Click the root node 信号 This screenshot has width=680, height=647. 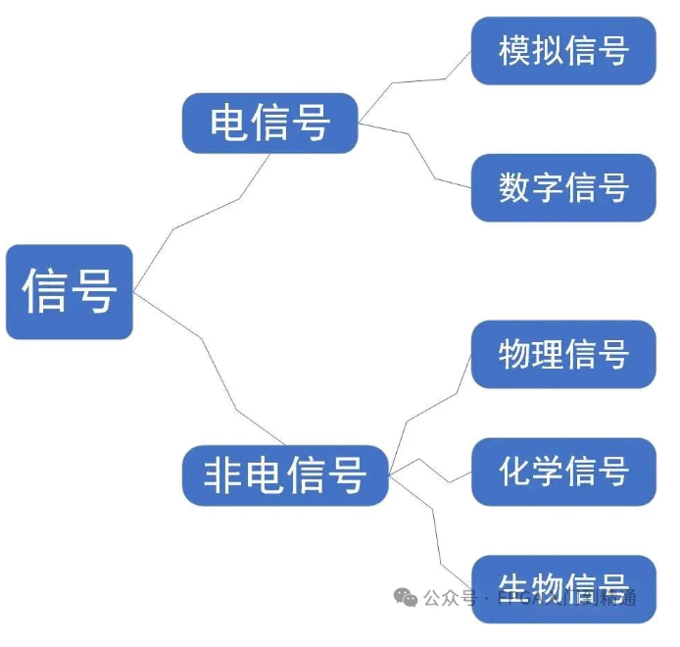pos(69,291)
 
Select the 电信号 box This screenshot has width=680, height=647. pos(269,124)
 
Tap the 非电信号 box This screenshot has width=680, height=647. pos(284,475)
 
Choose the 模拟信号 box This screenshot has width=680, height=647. pos(562,50)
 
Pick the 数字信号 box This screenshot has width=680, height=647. pos(562,187)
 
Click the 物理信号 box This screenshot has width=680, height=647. pos(562,354)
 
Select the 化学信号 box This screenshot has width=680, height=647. pos(562,472)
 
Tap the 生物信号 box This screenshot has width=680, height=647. pos(562,584)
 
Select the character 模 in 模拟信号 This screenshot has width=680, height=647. pos(514,50)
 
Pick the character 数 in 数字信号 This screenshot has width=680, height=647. pos(514,187)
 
